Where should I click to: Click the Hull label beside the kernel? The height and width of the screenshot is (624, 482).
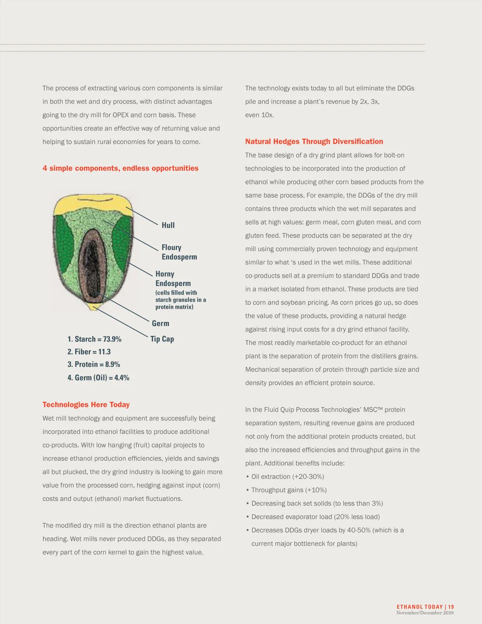pos(168,225)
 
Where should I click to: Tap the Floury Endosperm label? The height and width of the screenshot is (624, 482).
pos(179,252)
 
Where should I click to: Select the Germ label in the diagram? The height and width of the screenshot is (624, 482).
pos(160,323)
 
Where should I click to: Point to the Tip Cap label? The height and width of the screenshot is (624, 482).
pos(162,339)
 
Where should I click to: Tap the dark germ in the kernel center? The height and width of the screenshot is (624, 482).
pos(93,261)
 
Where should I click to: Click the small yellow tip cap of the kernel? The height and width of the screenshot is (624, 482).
pos(95,308)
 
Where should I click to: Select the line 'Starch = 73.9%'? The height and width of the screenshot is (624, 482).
pos(94,339)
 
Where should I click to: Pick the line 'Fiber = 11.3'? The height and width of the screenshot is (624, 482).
pos(89,352)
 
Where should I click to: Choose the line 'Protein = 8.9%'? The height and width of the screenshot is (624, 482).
pos(94,364)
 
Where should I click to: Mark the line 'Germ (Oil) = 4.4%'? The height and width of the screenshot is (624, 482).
pos(98,378)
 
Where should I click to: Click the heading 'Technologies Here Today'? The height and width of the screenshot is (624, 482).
pos(86,405)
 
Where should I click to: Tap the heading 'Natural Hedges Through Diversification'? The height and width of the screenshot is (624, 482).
pos(314,141)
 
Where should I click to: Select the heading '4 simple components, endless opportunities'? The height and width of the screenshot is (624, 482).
pos(120,168)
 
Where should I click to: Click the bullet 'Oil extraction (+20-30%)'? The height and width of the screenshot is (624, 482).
pos(287,477)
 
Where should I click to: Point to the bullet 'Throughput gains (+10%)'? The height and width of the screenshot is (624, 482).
pos(289,490)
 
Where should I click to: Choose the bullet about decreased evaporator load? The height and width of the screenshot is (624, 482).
pos(315,517)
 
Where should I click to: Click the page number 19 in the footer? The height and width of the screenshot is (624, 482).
pos(451,607)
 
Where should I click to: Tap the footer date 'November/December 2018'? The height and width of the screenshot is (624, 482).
pos(425,613)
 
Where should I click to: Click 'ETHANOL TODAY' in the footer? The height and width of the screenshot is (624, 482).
pos(419,607)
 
